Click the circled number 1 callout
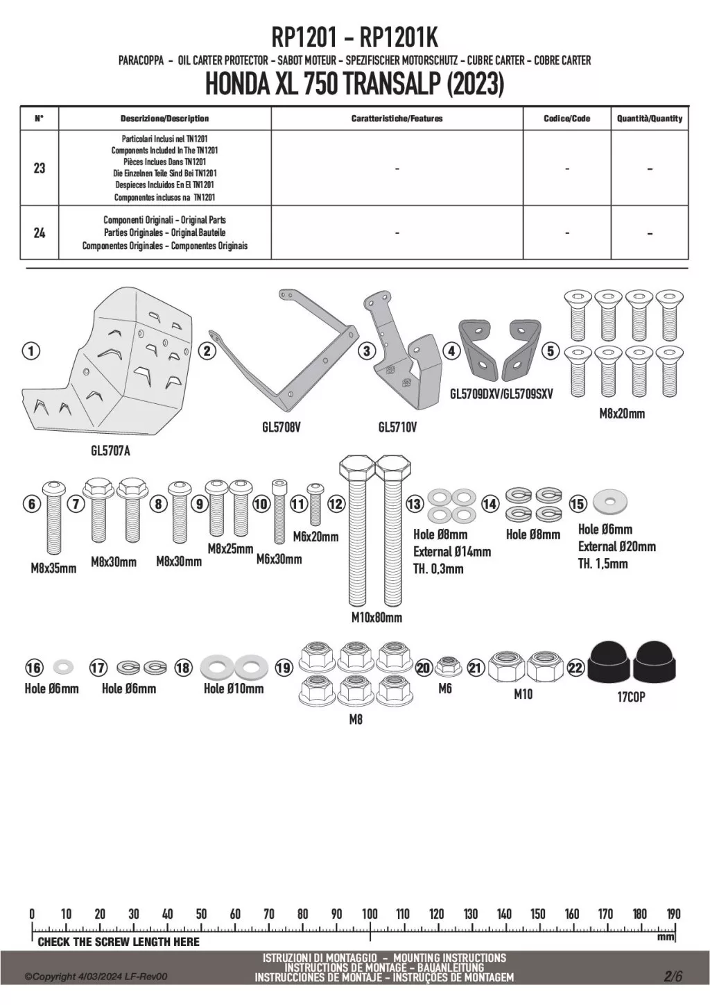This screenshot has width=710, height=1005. click(31, 351)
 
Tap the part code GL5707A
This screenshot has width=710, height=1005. click(110, 451)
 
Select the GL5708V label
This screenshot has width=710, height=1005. click(281, 427)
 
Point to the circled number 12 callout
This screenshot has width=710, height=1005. click(336, 505)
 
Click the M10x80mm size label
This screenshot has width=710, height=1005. click(376, 617)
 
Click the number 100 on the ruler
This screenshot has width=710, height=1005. click(370, 913)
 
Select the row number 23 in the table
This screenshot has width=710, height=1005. click(40, 168)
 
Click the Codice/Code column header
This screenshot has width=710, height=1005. click(566, 119)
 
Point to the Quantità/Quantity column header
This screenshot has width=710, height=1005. click(650, 119)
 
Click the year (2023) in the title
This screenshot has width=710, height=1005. click(475, 85)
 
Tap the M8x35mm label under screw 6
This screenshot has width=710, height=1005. click(53, 568)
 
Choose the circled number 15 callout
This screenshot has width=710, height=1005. click(578, 504)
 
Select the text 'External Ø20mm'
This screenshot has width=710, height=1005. click(617, 546)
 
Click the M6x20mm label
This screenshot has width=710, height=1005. click(315, 537)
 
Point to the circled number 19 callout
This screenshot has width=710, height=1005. click(284, 668)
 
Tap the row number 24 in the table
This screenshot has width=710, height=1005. click(40, 233)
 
